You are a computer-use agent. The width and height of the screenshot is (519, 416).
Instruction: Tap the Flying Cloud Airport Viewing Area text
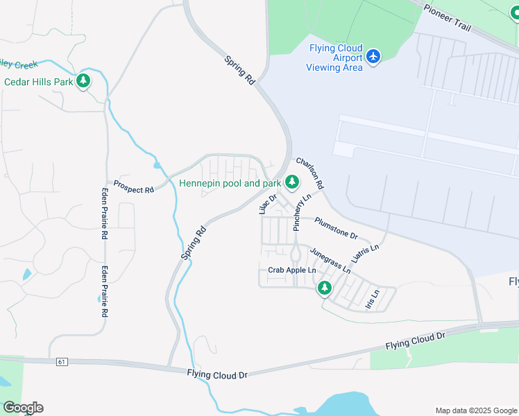pos(336,58)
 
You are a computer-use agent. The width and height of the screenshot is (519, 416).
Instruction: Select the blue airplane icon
pos(374,55)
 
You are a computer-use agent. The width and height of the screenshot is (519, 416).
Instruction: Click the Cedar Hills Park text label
pos(39,82)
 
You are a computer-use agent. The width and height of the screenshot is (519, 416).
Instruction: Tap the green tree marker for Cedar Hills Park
pos(83,81)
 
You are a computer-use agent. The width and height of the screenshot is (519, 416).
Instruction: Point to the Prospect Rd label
pos(133,188)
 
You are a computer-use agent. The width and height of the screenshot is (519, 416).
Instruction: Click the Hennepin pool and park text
pos(230,184)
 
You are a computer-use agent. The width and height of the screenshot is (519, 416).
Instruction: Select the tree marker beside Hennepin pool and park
pos(292,182)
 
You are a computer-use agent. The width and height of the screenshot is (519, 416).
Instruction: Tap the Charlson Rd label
pos(309,173)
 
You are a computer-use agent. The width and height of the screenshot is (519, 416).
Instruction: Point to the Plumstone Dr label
pos(336,227)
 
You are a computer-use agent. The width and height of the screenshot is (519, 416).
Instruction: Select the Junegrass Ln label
pos(330,259)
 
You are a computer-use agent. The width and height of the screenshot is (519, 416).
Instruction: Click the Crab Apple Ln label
pos(291,270)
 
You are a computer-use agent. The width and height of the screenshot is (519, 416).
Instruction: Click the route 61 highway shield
pos(62,361)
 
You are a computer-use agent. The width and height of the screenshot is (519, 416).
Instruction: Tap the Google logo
pos(23,408)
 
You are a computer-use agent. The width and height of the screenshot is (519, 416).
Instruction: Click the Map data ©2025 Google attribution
pos(476,410)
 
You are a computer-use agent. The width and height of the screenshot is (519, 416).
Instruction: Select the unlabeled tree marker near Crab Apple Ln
pos(324,288)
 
